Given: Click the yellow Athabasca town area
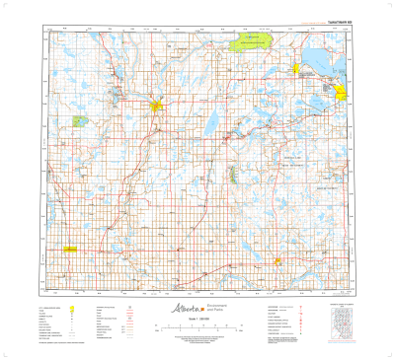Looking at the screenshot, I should click(x=155, y=105).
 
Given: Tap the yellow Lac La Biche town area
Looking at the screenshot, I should click(x=341, y=94).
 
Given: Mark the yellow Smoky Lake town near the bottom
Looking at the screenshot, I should click(x=278, y=260).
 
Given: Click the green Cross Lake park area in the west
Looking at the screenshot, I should click(x=78, y=120).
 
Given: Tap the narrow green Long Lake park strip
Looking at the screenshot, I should click(x=231, y=175).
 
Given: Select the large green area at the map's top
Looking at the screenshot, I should click(x=248, y=41).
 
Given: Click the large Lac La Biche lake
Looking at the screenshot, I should click(x=321, y=64).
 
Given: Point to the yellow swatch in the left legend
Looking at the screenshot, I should click(x=73, y=309).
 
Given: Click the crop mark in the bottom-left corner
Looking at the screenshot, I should click(x=7, y=352).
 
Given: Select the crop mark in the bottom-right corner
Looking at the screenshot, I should click(x=387, y=352).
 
